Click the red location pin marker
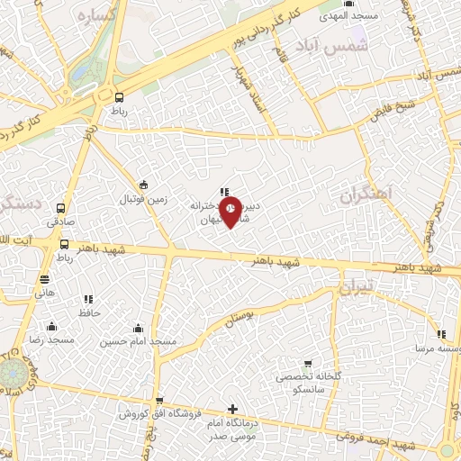231,212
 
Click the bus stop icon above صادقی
61,207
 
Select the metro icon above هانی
45,279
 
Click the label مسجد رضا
52,340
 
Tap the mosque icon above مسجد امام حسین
138,328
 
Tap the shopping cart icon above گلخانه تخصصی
308,363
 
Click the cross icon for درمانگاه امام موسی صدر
233,410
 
